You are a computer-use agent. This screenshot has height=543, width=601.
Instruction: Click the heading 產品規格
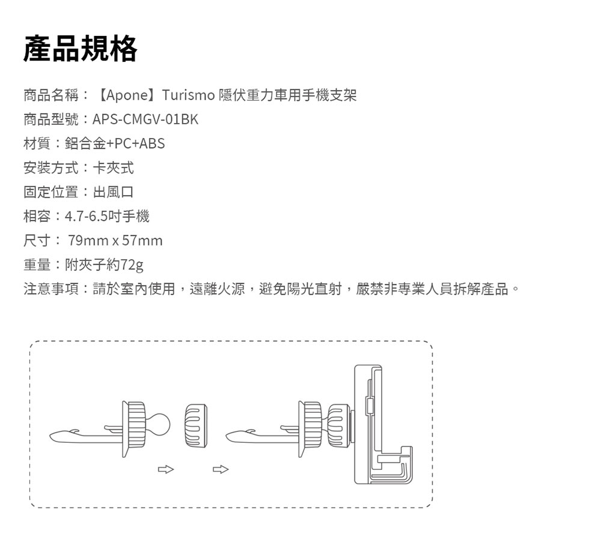pos(80,49)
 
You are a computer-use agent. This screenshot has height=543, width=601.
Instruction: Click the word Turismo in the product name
pos(188,95)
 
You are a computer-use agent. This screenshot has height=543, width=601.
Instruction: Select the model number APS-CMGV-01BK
pos(145,119)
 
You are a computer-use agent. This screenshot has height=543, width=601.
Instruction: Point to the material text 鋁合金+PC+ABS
pos(115,143)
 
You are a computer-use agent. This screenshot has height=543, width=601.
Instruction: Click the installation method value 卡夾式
pos(114,167)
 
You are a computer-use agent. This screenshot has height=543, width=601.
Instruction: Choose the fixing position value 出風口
pos(114,192)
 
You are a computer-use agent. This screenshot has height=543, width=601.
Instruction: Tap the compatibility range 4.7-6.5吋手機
pos(107,216)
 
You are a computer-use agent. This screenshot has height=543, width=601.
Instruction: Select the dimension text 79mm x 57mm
pos(115,241)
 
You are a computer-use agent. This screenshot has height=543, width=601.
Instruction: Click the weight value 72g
pos(132,265)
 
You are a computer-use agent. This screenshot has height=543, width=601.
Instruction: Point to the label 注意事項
pos(51,289)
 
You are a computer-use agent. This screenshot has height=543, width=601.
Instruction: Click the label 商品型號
pos(51,119)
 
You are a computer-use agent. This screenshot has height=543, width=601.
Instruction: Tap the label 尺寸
pos(37,241)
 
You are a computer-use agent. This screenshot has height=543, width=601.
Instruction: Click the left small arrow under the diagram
pos(166,469)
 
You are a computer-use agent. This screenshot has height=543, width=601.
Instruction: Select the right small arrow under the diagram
pos(221,469)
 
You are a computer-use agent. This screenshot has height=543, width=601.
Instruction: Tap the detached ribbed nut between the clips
pos(196,425)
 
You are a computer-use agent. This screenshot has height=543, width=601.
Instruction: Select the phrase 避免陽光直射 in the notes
pos(300,289)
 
